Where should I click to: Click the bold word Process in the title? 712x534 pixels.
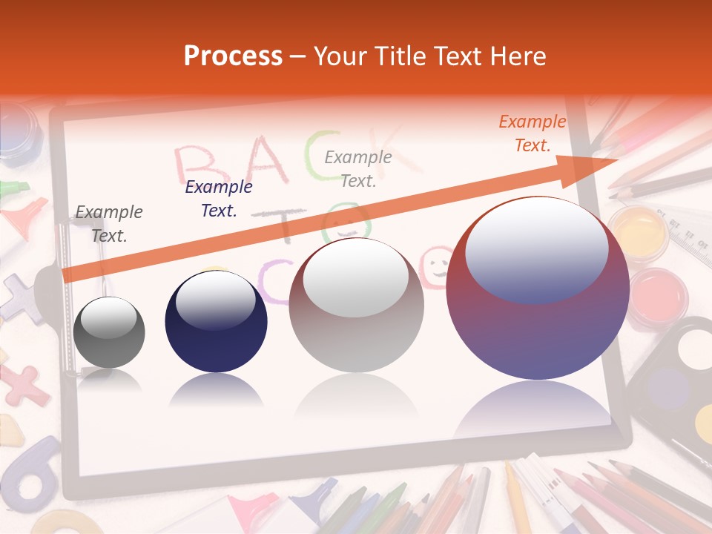233,56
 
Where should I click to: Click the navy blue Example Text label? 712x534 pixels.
218,199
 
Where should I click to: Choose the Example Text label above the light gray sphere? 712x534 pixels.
358,168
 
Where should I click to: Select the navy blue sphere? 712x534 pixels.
216,323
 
